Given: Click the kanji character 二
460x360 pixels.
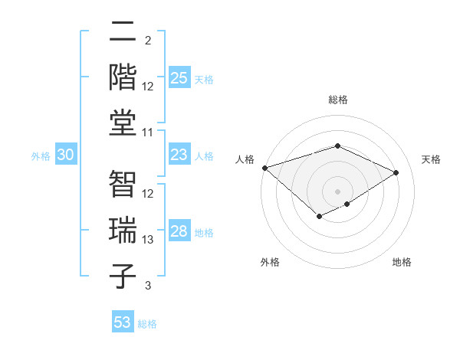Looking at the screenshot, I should pyautogui.click(x=124, y=32).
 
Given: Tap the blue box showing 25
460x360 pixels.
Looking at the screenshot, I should pyautogui.click(x=179, y=78).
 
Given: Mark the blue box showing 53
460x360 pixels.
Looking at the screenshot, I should pyautogui.click(x=123, y=322).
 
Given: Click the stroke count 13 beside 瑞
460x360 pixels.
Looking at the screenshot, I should pyautogui.click(x=149, y=240).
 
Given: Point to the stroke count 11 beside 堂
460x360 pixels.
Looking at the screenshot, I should pyautogui.click(x=149, y=133).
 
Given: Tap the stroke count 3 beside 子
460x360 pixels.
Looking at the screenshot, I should pyautogui.click(x=148, y=286).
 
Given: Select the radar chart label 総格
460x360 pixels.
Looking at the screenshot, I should pyautogui.click(x=337, y=100).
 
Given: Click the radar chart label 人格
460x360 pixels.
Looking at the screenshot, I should pyautogui.click(x=245, y=159).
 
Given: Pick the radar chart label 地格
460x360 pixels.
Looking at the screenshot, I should pyautogui.click(x=402, y=262).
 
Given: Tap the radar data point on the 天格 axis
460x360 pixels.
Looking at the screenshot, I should pyautogui.click(x=396, y=173).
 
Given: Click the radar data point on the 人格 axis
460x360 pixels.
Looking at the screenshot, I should pyautogui.click(x=264, y=168).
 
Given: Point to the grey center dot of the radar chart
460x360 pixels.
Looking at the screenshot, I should pyautogui.click(x=337, y=191).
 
